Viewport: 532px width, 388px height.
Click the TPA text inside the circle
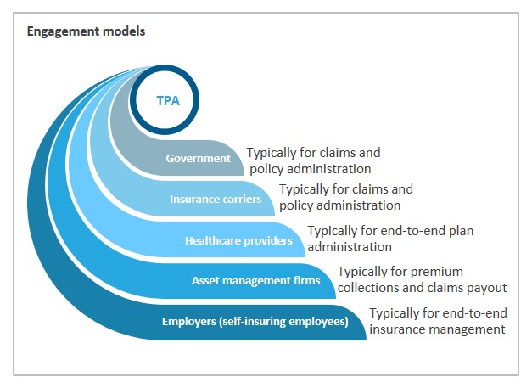point(168,101)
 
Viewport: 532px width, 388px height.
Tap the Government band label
point(199,158)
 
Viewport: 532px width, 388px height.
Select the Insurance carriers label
point(216,199)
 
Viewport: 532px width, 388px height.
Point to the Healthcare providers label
point(238,240)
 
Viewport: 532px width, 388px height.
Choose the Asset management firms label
point(256,281)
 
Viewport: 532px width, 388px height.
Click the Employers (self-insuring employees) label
point(255,322)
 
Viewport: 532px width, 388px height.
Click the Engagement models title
point(86,31)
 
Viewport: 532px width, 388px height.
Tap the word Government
point(199,158)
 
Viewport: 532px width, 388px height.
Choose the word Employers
point(189,322)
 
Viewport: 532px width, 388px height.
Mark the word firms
point(308,281)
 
